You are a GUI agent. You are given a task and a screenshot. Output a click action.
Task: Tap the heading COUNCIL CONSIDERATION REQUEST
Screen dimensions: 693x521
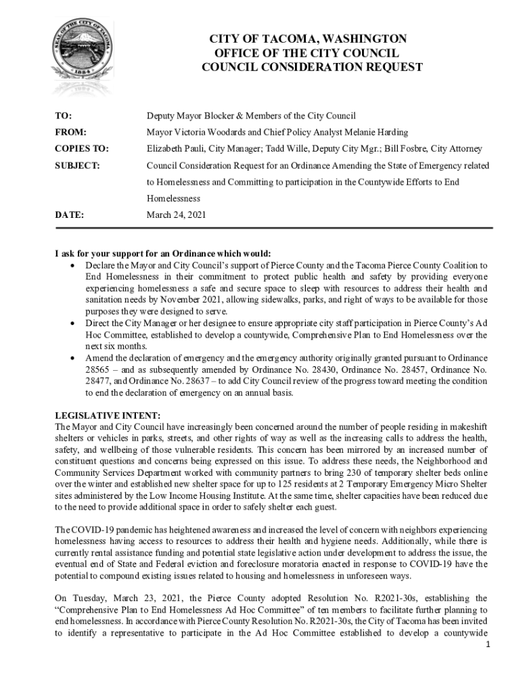(x=312, y=68)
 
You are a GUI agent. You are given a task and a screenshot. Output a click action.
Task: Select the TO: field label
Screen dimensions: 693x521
(x=64, y=116)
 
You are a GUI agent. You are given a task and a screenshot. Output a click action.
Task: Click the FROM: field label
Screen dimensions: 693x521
(x=70, y=133)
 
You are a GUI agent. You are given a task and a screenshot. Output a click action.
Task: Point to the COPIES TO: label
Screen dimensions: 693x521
(x=81, y=149)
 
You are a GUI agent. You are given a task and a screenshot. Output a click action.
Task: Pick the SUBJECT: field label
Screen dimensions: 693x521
(x=77, y=166)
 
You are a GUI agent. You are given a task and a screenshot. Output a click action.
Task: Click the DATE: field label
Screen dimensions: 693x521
(x=69, y=216)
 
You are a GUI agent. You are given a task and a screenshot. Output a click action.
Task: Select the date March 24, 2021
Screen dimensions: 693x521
(x=177, y=216)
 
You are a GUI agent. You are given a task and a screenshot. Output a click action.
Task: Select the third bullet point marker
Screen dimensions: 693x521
(x=72, y=357)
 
